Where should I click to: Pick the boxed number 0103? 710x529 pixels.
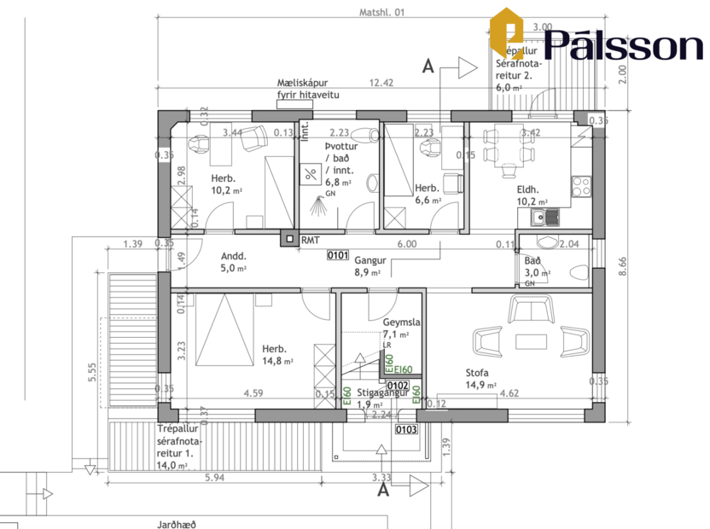click(x=406, y=429)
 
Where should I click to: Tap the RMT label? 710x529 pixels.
click(x=310, y=241)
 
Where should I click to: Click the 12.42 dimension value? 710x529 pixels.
click(x=381, y=83)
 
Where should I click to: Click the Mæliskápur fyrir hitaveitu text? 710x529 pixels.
click(x=308, y=89)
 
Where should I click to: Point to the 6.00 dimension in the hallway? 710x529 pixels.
click(x=407, y=244)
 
